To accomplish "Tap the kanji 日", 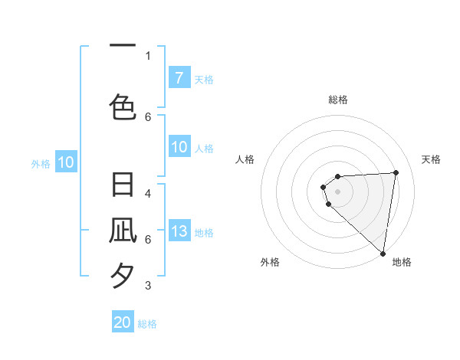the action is [123, 186].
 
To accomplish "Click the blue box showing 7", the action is [179, 77].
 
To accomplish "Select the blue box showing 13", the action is [179, 231].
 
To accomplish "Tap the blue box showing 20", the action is [123, 322].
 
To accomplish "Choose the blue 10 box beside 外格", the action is [65, 162].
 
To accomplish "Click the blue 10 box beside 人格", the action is [179, 147].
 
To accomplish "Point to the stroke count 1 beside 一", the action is [148, 55].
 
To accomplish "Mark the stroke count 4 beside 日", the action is [148, 194].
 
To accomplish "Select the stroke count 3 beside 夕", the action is [148, 286].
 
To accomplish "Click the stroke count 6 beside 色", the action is [148, 116].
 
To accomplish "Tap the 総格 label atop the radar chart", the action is [338, 100].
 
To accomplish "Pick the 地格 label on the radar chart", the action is [402, 263].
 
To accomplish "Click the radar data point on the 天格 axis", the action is [396, 172].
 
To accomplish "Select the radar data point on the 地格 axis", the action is [383, 254].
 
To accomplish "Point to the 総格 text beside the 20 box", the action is [147, 324].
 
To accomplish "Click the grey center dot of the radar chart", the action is [338, 191].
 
